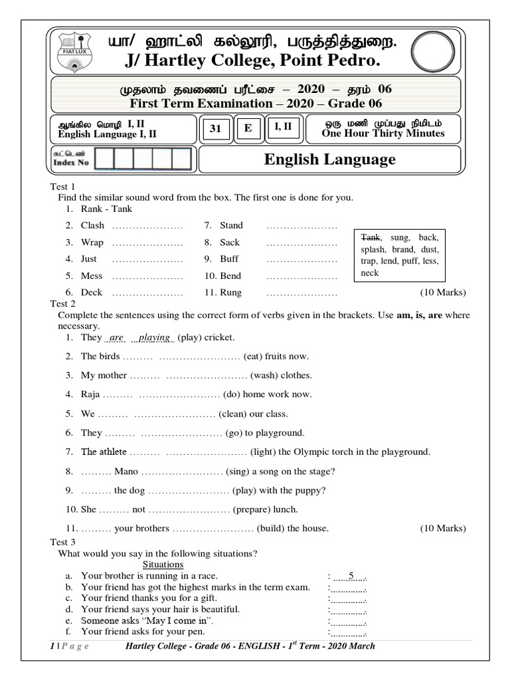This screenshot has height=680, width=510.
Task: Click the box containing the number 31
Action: click(x=215, y=129)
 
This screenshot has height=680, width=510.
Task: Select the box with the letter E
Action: click(x=248, y=129)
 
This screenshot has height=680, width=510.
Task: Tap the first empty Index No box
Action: click(x=105, y=159)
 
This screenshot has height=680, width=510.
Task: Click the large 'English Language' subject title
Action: click(x=329, y=159)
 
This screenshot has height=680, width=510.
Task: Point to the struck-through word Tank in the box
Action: click(x=371, y=237)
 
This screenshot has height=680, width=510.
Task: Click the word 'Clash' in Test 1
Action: click(x=92, y=226)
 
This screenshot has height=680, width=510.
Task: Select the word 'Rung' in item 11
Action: click(x=231, y=293)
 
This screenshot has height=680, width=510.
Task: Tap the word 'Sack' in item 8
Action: click(x=230, y=242)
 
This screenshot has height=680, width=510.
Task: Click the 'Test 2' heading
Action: click(x=63, y=303)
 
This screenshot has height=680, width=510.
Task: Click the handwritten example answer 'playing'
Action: click(x=154, y=337)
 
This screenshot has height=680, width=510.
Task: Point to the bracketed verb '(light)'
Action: click(x=266, y=452)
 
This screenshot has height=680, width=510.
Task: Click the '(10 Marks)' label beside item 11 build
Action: click(x=443, y=529)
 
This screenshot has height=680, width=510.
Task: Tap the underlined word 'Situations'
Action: click(x=163, y=564)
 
